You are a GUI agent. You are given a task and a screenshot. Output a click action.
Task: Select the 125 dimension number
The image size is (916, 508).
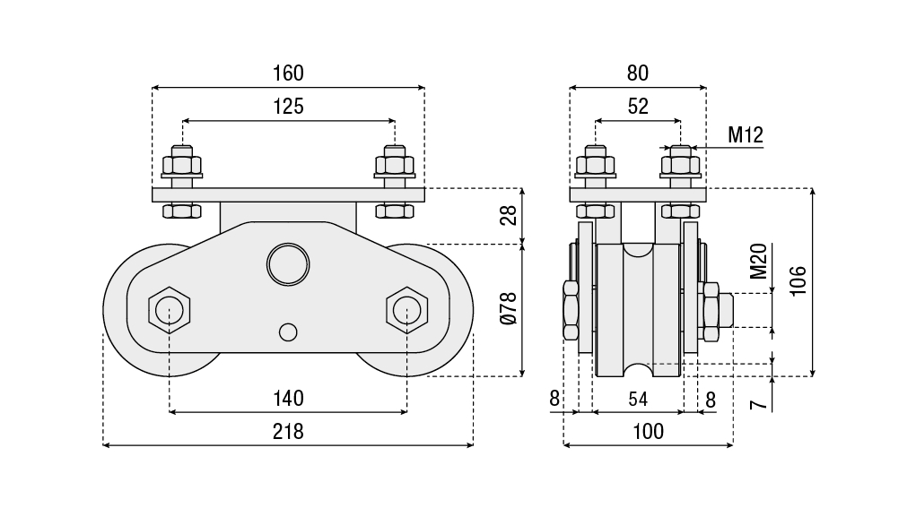point(289,106)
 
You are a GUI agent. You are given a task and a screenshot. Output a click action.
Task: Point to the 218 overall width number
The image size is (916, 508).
point(289,431)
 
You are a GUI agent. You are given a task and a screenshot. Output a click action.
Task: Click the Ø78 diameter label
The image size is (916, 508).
point(509,308)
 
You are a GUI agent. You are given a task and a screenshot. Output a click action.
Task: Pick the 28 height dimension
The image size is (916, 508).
point(509,216)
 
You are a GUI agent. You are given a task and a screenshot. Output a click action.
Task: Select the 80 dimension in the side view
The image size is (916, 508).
point(637,73)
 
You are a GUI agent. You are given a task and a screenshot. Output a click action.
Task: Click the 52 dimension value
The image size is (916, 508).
point(637,106)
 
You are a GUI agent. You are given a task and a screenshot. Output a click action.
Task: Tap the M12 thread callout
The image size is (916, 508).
point(745,135)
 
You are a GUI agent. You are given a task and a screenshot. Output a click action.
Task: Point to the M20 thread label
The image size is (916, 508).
point(758,262)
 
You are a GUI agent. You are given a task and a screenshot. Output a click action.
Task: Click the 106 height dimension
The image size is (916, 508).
point(798,280)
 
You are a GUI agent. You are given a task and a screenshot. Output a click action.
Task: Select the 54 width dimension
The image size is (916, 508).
point(637,398)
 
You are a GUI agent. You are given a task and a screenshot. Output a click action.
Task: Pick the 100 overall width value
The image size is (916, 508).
point(648,431)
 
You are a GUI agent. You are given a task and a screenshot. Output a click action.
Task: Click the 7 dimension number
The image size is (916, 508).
point(759,405)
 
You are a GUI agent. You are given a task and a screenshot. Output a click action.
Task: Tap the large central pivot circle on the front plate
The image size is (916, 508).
point(288,264)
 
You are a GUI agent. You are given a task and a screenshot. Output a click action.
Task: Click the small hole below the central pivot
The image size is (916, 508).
point(288,331)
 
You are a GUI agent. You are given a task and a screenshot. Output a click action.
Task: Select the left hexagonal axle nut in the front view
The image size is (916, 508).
point(169,310)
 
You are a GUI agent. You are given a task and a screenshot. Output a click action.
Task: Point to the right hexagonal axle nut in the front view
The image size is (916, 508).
point(406,310)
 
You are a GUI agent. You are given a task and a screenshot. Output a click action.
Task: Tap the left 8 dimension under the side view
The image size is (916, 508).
point(554,398)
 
